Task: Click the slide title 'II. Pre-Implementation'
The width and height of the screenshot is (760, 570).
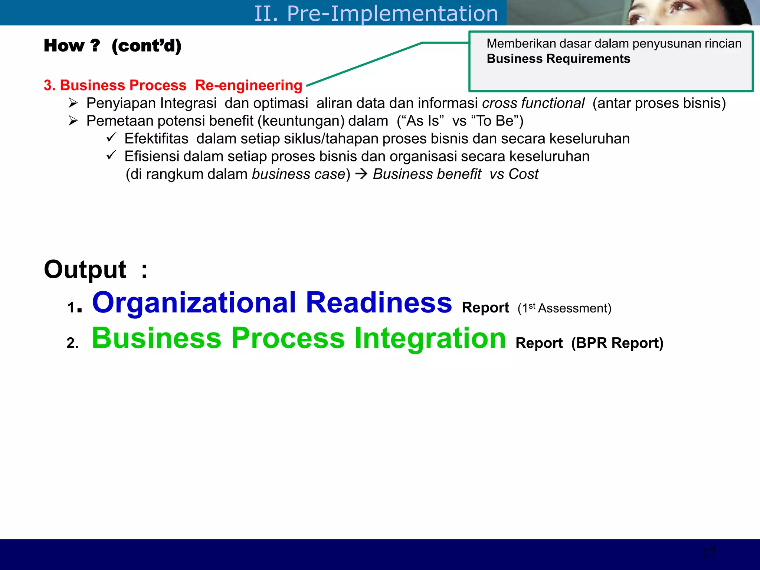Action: tap(376, 13)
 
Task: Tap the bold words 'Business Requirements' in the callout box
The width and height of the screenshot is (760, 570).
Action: tap(558, 59)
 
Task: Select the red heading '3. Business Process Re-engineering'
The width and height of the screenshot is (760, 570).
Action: tap(173, 85)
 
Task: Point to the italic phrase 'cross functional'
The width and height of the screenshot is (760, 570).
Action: tap(533, 103)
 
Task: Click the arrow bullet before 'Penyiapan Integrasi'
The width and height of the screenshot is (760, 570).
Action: tap(73, 103)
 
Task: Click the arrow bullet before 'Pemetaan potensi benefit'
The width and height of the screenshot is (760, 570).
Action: tap(73, 121)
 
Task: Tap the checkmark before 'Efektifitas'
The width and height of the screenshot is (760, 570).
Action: tap(111, 138)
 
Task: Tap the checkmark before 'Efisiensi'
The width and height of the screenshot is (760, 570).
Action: tap(111, 155)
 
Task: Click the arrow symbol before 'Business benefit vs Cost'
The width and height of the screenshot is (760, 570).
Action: tap(361, 174)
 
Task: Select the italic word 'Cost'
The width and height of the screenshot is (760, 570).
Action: tap(523, 174)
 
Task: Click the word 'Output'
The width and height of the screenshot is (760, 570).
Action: tap(85, 269)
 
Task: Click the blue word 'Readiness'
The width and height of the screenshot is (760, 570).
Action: tap(379, 302)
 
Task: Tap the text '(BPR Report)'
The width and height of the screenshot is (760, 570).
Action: tap(617, 343)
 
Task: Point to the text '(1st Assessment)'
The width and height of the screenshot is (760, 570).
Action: tap(564, 308)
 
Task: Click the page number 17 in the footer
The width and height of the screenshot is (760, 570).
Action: tap(709, 553)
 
